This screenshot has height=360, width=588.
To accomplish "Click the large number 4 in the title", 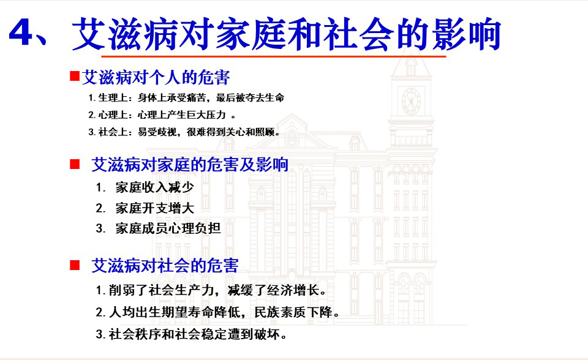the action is [22, 32].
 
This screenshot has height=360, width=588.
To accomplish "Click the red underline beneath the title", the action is [274, 56].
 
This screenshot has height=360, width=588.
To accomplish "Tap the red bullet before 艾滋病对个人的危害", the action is [75, 77].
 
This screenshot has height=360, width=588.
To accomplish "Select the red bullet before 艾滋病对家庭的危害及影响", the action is [75, 164].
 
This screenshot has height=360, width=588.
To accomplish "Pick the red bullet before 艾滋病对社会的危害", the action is [75, 265].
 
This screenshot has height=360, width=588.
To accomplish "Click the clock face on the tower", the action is [411, 101].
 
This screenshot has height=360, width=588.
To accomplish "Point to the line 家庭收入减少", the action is [154, 187].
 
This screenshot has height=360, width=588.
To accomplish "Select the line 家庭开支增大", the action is [154, 208].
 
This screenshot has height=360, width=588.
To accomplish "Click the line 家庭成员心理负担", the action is [168, 228].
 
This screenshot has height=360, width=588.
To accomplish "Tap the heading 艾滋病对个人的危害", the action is [156, 77].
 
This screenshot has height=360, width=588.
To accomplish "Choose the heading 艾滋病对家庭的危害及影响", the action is [190, 165].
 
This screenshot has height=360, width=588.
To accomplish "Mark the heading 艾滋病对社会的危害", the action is [165, 266].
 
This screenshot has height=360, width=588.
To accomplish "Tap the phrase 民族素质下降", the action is [293, 312].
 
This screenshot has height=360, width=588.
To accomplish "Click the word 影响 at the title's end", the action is [467, 34].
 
